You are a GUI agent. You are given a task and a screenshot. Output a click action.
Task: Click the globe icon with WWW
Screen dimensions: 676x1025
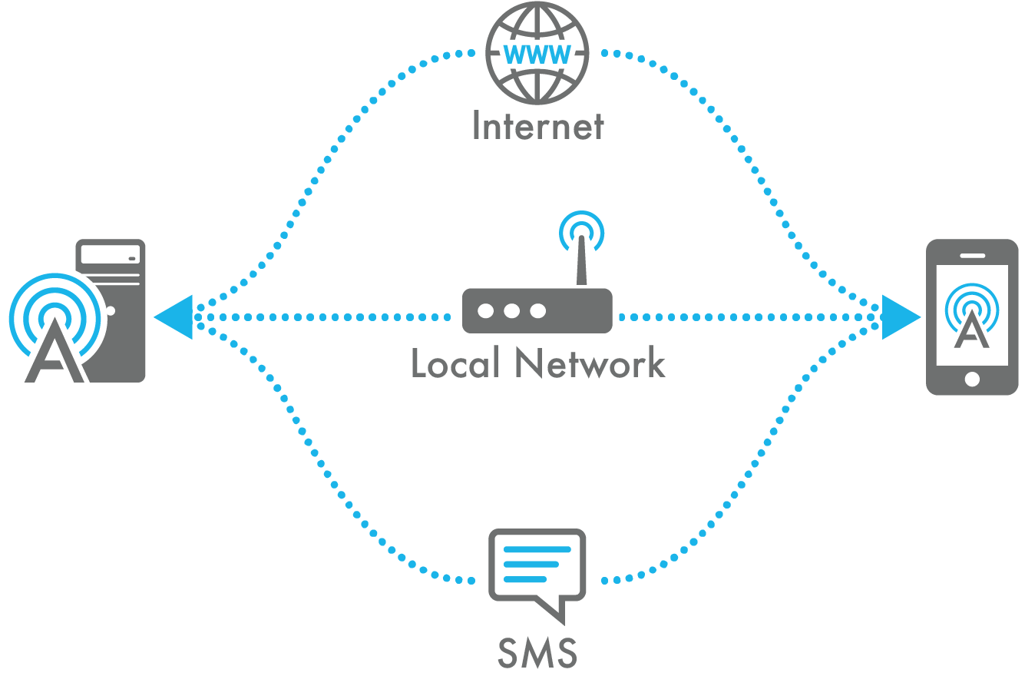pyautogui.click(x=537, y=54)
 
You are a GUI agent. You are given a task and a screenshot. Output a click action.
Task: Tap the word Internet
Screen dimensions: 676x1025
pyautogui.click(x=537, y=125)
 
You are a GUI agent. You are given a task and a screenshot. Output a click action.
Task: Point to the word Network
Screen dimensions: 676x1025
pyautogui.click(x=590, y=363)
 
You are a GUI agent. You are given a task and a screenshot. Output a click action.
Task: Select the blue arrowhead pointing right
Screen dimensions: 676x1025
pyautogui.click(x=900, y=316)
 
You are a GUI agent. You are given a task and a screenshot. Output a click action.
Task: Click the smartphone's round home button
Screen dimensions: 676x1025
pyautogui.click(x=972, y=379)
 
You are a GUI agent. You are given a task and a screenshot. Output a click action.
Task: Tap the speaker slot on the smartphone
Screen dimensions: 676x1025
pyautogui.click(x=972, y=255)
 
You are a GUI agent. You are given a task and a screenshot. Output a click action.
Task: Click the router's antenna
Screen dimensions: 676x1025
pyautogui.click(x=581, y=261)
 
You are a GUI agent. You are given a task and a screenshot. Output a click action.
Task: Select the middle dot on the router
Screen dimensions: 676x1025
pyautogui.click(x=511, y=310)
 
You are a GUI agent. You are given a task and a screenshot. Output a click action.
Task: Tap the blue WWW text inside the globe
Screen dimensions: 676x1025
pyautogui.click(x=537, y=55)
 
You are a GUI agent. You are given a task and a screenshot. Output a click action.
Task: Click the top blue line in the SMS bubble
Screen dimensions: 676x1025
pyautogui.click(x=537, y=549)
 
